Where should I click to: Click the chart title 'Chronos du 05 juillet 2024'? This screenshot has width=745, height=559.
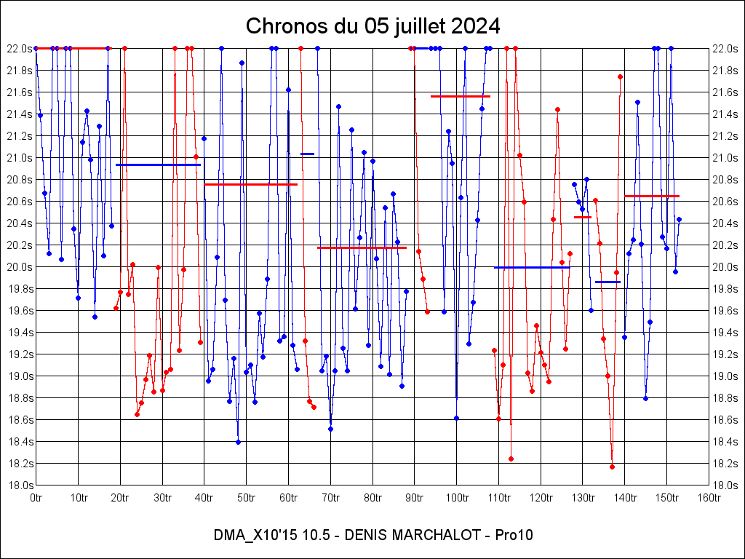point(372,26)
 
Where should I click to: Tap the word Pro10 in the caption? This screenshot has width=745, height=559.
point(514,535)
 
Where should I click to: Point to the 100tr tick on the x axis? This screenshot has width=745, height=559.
point(457,498)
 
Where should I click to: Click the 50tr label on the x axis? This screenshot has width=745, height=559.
point(246,498)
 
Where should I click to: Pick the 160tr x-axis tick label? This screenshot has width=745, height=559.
point(709,498)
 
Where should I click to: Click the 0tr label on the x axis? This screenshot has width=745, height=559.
point(36,498)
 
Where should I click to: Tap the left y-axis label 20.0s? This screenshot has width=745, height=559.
point(18,267)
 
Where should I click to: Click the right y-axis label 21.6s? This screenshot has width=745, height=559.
point(727,92)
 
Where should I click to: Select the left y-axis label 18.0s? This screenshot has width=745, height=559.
point(18,485)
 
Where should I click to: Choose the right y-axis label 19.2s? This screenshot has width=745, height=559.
point(727,354)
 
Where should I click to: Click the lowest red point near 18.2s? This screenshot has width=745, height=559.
point(612,467)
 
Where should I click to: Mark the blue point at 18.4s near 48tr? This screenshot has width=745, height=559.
point(238,442)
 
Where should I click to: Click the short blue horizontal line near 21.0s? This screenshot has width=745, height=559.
point(307,154)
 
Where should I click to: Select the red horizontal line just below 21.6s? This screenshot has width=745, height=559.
point(460,96)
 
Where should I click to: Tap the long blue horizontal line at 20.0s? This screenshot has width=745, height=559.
point(531,267)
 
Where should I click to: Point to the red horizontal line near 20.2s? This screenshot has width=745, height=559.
point(362,247)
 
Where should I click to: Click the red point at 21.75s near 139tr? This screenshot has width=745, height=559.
point(620,76)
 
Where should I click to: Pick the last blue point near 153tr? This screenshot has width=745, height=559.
point(679,219)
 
